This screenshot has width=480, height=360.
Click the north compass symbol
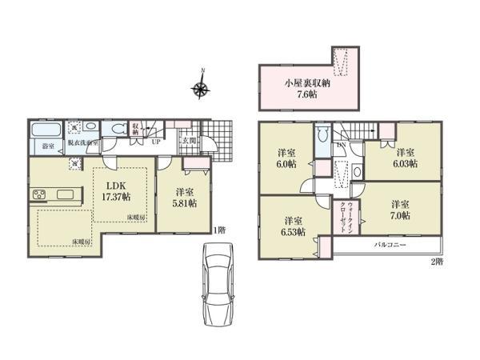202,86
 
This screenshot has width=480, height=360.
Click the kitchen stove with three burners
40,195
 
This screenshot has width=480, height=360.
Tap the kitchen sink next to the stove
64,195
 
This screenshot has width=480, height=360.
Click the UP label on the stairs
154,142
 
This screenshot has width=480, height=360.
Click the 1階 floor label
220,230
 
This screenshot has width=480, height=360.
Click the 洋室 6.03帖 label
404,157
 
